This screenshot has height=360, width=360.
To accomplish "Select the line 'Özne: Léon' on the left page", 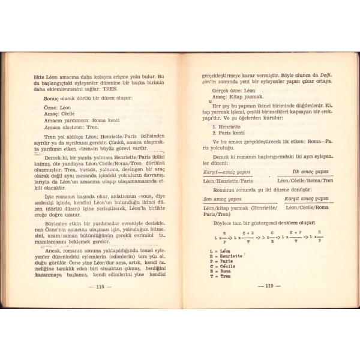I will click(58, 107).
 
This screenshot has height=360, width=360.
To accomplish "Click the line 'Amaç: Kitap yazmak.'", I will click(229, 98).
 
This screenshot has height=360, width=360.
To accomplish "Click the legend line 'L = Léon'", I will click(221, 251).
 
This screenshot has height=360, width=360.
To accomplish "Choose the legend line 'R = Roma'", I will click(221, 271).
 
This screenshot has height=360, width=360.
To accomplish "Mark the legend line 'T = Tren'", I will click(221, 277).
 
